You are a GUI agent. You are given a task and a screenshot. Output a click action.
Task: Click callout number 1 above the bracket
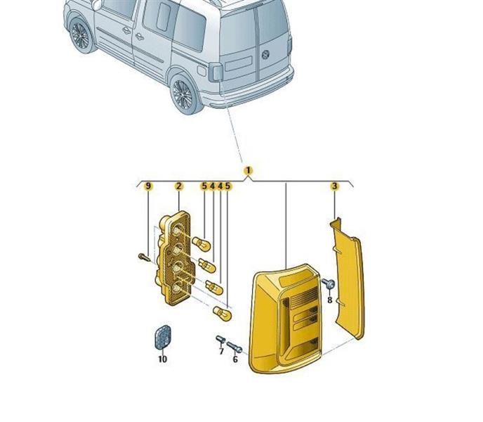(x=249, y=170)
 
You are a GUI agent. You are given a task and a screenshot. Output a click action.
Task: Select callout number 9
(x=148, y=186)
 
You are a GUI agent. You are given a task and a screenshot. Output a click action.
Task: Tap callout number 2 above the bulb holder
(x=179, y=186)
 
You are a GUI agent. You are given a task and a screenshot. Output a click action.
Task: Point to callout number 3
(x=335, y=186)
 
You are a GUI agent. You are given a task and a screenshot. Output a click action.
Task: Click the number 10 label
(x=163, y=359)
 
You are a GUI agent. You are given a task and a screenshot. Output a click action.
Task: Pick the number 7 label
(x=221, y=351)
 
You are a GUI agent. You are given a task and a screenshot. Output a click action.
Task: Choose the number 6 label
(x=235, y=359)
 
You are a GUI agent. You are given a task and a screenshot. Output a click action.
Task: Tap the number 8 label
(x=329, y=300)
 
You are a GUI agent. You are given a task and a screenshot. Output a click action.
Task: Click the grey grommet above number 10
(x=162, y=337)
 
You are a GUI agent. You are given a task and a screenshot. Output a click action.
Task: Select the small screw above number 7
(x=220, y=340)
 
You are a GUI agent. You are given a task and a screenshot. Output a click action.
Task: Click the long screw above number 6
(x=234, y=347)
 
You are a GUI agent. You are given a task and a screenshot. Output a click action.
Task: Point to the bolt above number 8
(x=329, y=283)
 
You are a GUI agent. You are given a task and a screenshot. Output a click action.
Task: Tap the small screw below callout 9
(x=144, y=257)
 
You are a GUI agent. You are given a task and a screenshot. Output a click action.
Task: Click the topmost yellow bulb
(x=201, y=243)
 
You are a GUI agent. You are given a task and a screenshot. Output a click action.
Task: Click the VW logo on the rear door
(x=265, y=55)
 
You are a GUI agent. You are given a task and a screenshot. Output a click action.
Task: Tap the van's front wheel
(x=81, y=35)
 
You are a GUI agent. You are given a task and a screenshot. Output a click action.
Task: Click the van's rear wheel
(x=184, y=94)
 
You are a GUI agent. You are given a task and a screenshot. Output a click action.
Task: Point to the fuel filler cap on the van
(x=201, y=71)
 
